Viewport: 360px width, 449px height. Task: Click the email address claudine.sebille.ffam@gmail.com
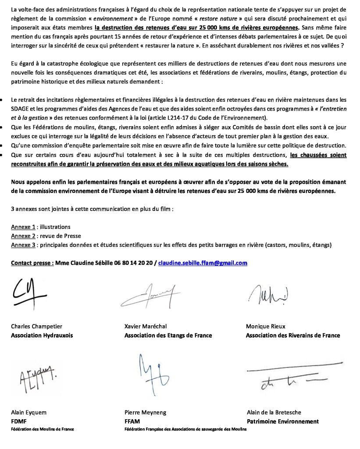coord(203,263)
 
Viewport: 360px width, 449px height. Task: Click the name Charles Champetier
coord(36,326)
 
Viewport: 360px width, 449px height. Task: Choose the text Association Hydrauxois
coord(42,335)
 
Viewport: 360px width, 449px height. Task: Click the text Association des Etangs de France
coord(168,335)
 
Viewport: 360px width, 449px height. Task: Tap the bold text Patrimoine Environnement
coord(282,421)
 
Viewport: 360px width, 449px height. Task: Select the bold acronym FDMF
coord(19,421)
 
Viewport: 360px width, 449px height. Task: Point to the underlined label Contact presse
coord(32,263)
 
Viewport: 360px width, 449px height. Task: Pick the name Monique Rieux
coord(266,326)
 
